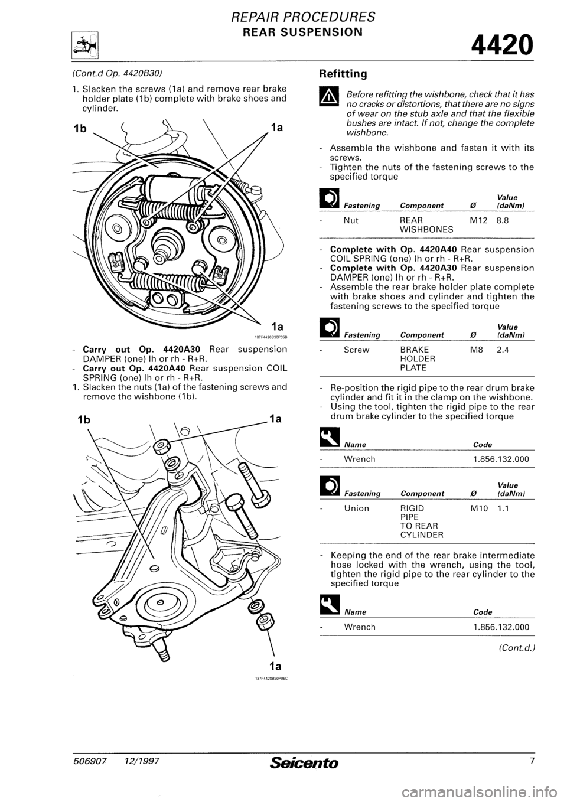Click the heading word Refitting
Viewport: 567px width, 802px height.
344,74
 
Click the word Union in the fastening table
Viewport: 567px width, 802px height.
357,507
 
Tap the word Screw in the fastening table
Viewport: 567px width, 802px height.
357,349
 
